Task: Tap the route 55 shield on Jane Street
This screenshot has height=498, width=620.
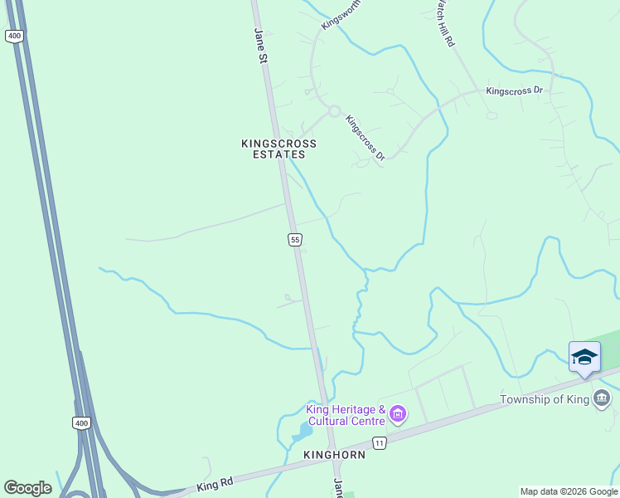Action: coord(295,239)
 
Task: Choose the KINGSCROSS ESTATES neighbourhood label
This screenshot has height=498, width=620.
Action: coord(279,149)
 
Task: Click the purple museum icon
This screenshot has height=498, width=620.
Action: coord(398,413)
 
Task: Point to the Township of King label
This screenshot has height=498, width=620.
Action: coord(545,400)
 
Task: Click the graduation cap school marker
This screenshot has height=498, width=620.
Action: coord(584,357)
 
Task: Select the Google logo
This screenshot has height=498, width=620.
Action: coord(27,488)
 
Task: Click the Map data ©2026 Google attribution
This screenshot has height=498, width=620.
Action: coord(569,491)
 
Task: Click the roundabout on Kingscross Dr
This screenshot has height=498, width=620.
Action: coord(334,111)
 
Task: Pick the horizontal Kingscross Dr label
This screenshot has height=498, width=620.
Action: coord(514,90)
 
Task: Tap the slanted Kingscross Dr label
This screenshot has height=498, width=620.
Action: coord(366,137)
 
